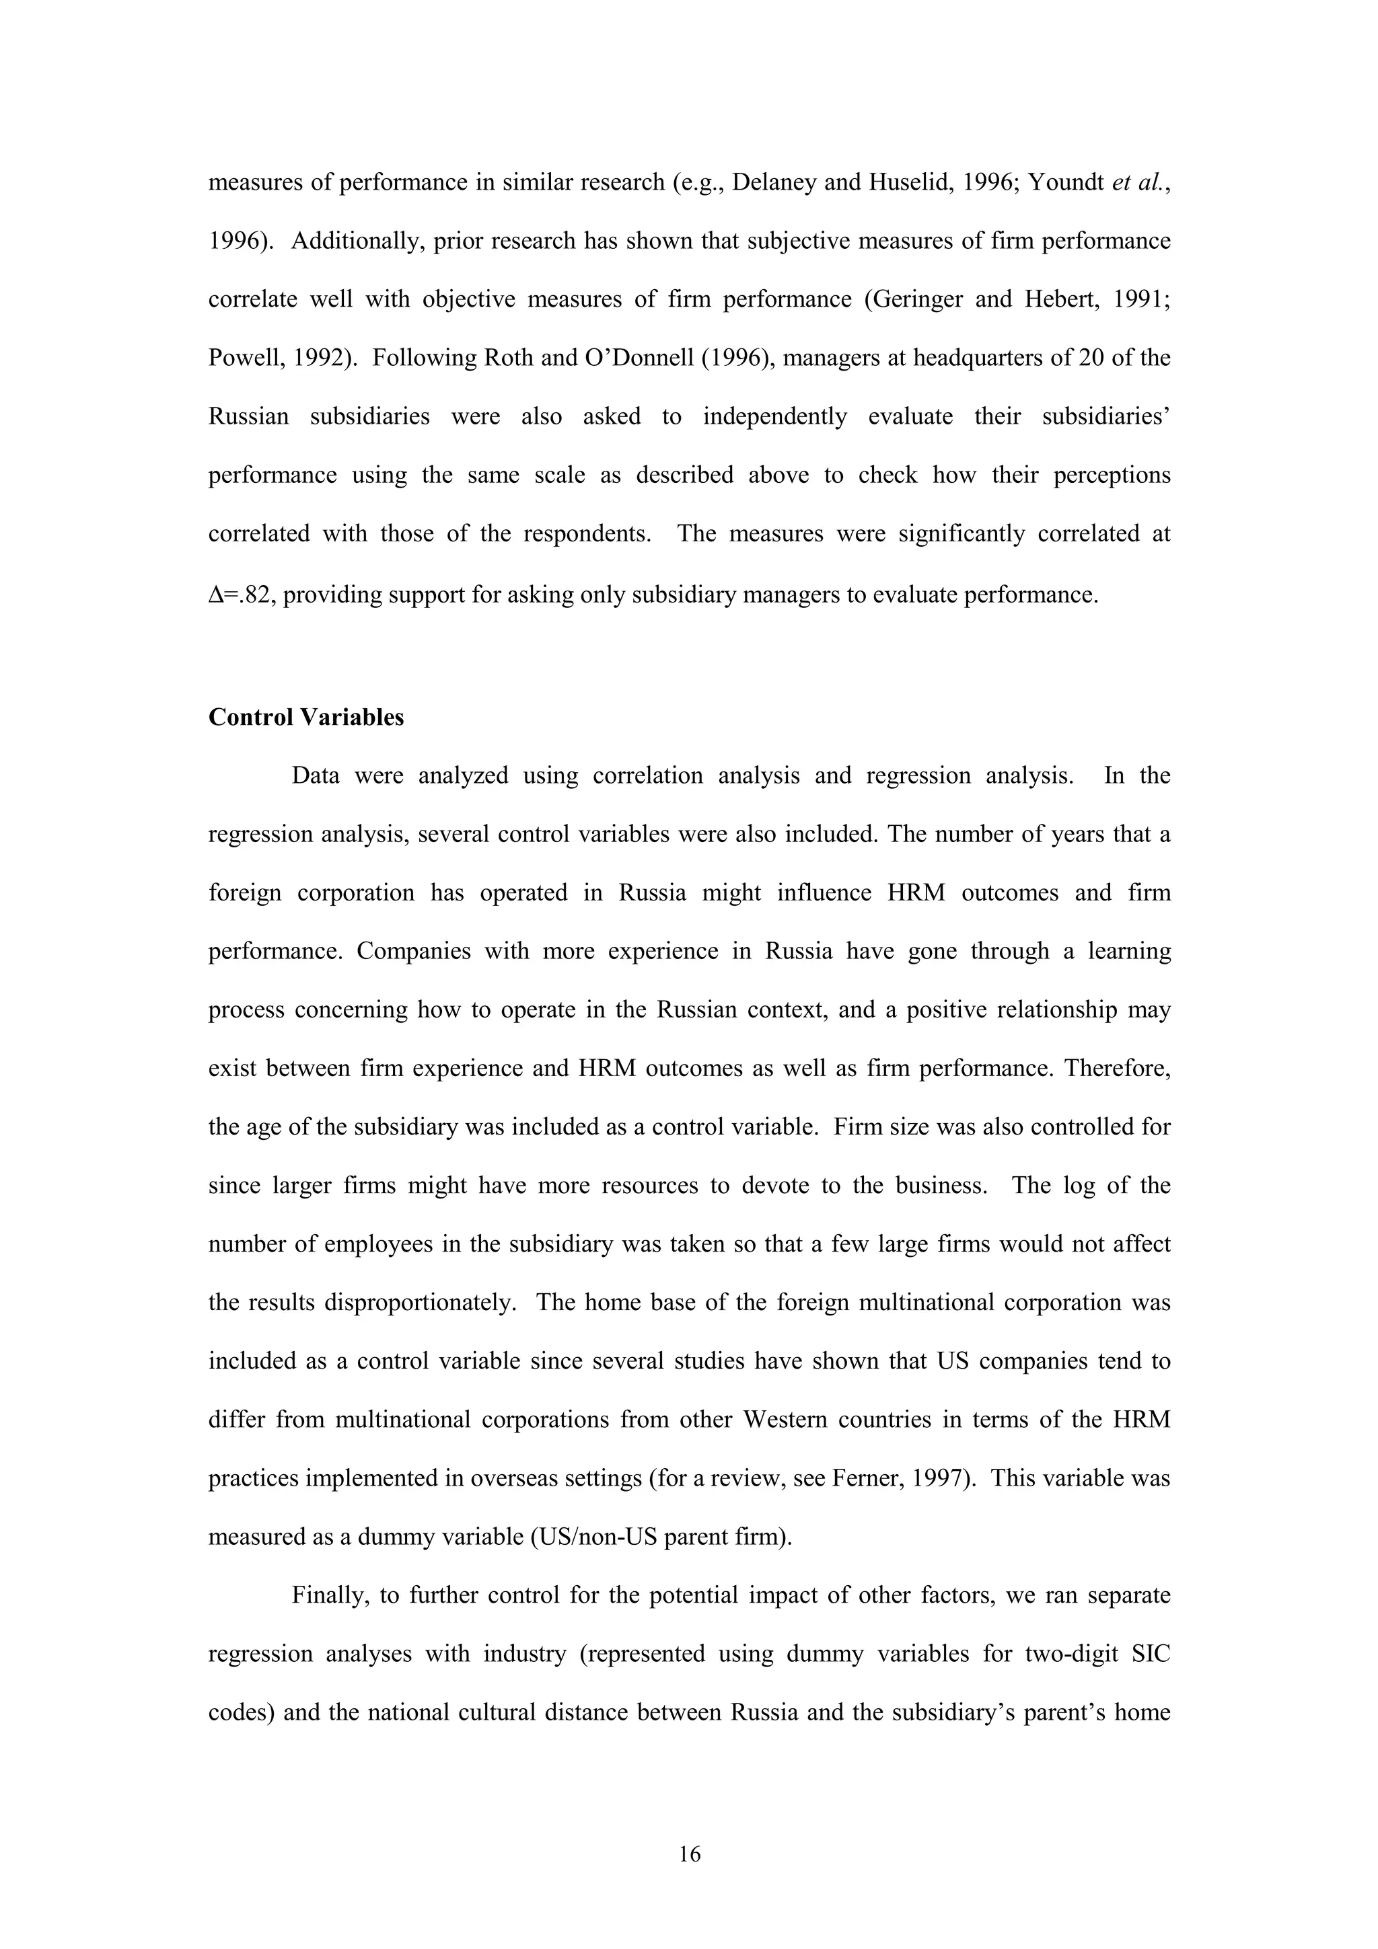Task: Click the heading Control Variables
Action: [x=305, y=718]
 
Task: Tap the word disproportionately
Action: [x=421, y=1302]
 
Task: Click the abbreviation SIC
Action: [x=1151, y=1654]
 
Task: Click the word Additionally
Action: [x=357, y=241]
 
